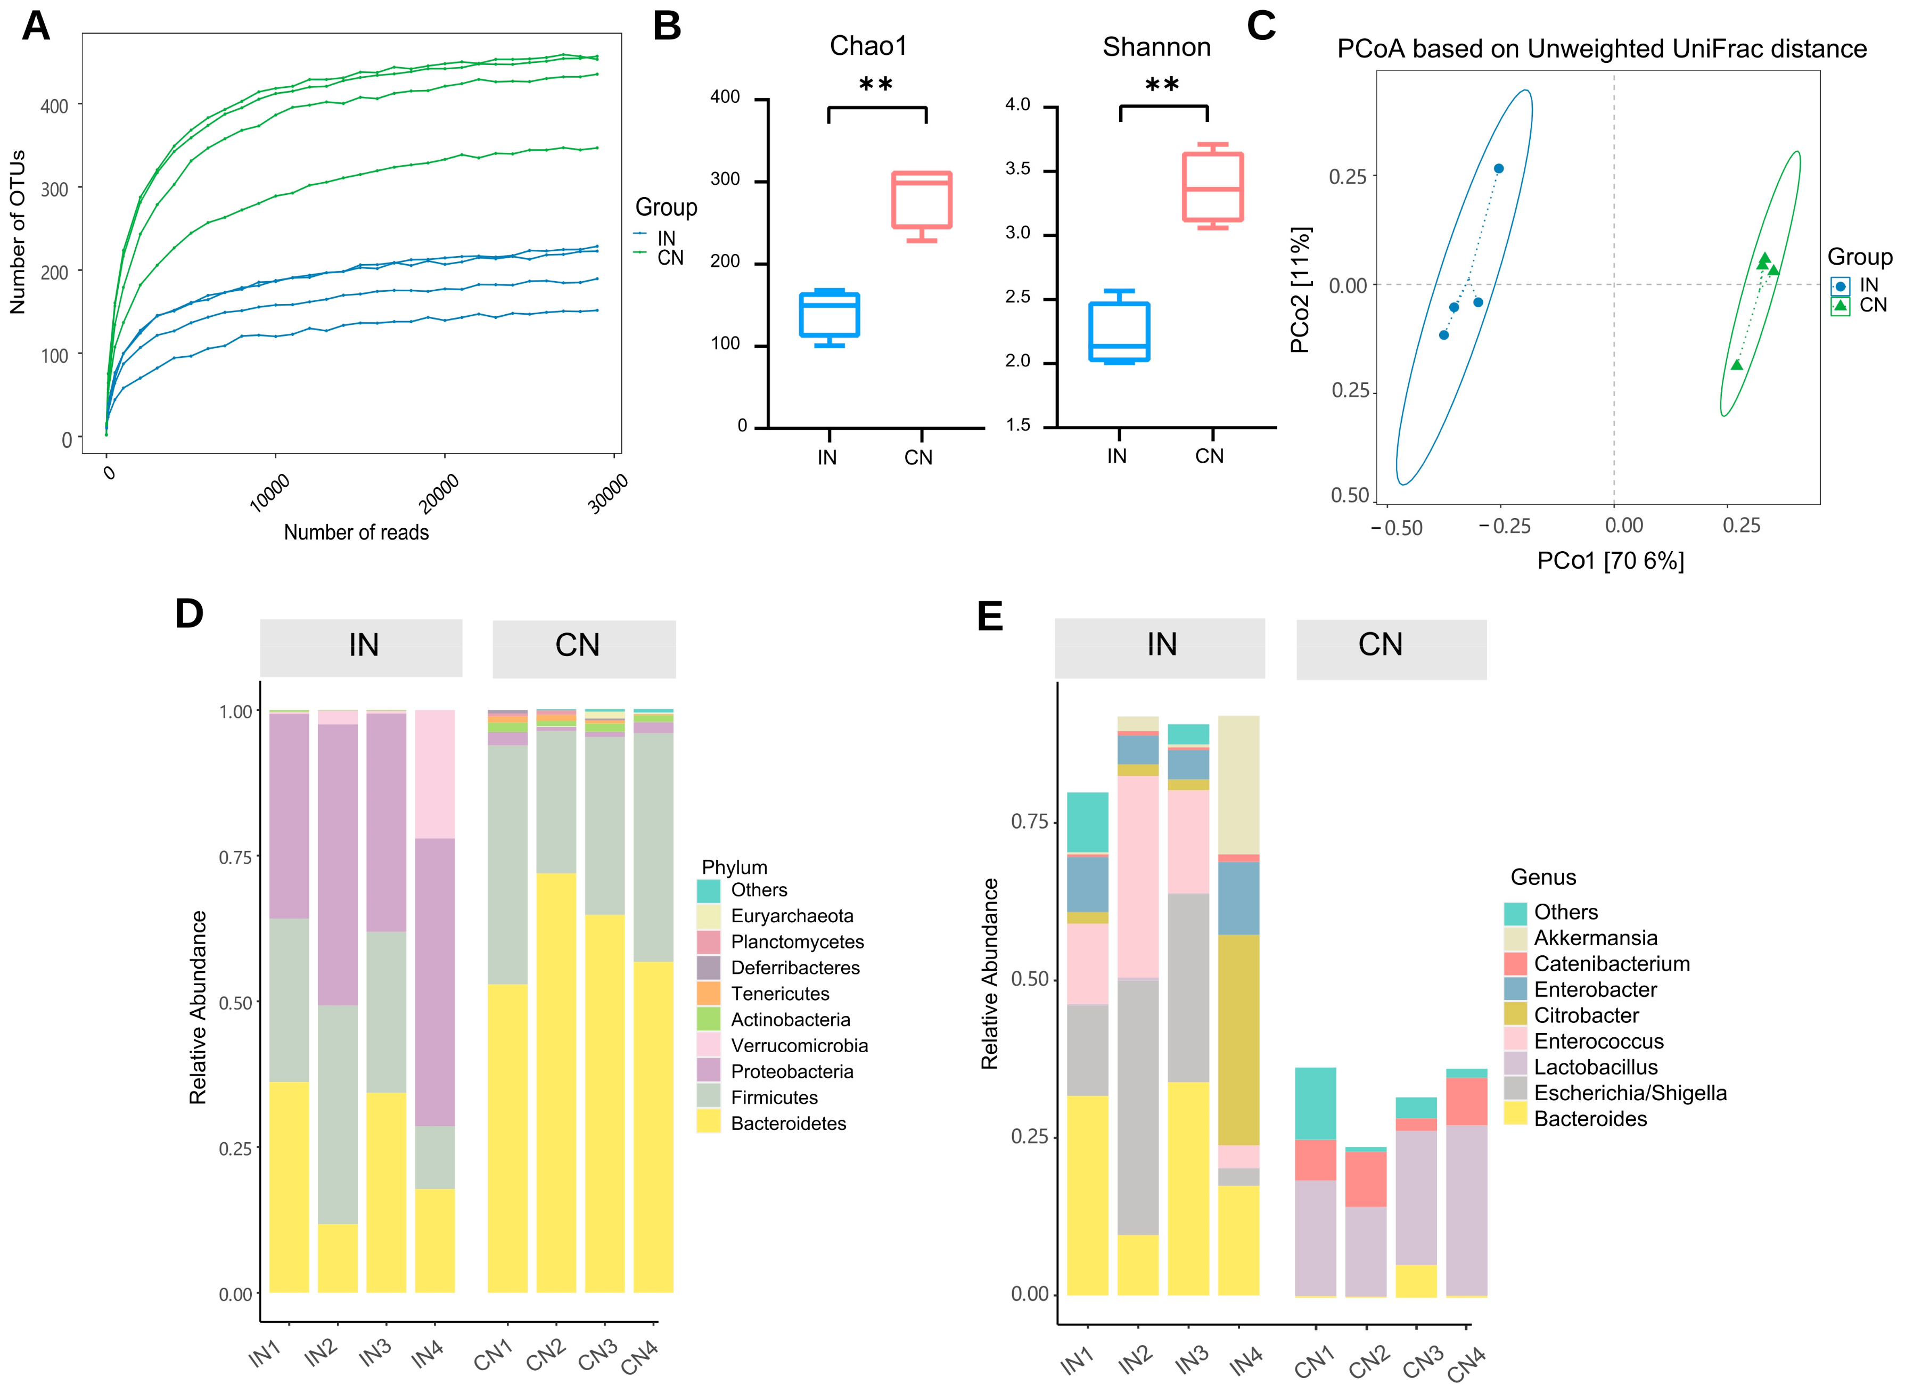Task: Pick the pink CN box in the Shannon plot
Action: (1212, 187)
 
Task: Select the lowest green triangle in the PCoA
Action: (1736, 365)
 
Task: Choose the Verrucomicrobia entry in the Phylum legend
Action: (798, 1046)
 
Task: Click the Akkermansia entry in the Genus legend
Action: (1595, 938)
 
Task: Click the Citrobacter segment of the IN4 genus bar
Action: (1238, 1039)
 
